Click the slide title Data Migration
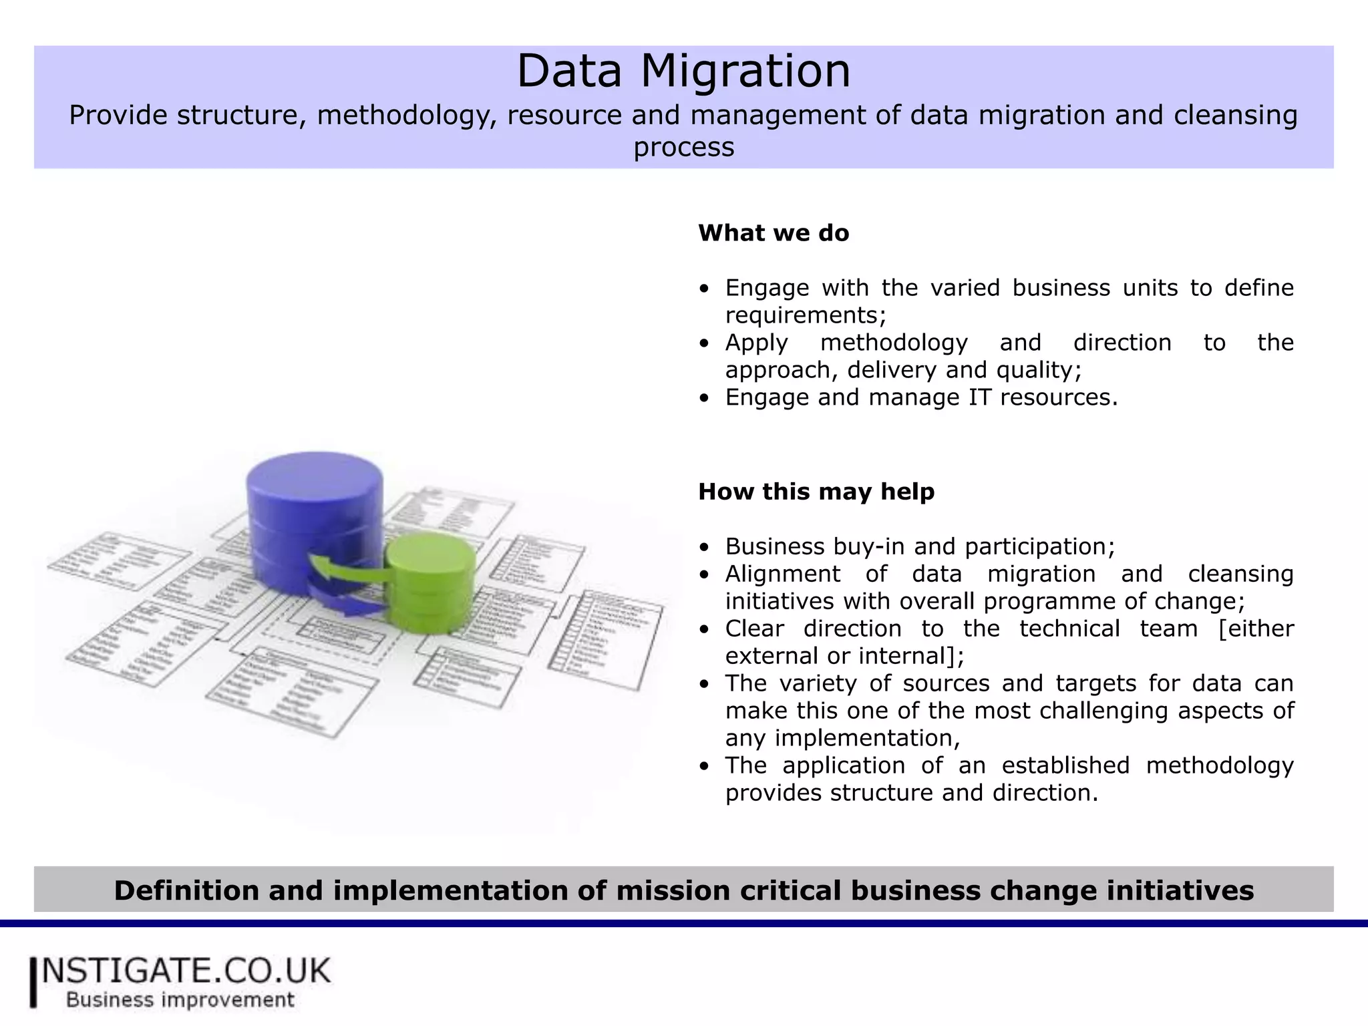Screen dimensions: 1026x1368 pos(683,71)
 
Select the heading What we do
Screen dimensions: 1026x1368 pos(774,233)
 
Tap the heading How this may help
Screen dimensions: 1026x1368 pos(816,492)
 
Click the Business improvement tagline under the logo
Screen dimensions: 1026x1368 pos(180,1000)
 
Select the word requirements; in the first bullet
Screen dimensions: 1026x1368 pos(806,315)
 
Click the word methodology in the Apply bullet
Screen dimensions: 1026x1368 pos(894,343)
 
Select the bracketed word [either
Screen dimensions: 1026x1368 pos(1256,629)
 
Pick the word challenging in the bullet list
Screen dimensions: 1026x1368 pos(1105,711)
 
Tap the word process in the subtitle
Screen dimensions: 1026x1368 pos(683,147)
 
